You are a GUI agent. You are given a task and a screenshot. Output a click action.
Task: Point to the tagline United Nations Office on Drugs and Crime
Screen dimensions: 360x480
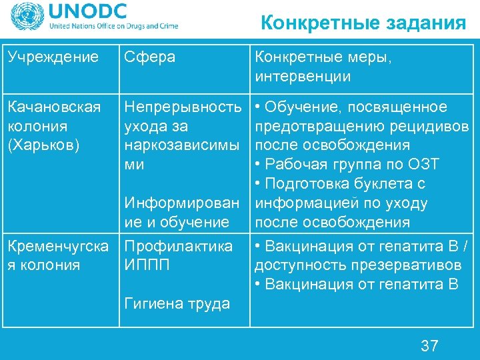[x=113, y=27]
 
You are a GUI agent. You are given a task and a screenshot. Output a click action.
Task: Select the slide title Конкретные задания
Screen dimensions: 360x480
[x=363, y=24]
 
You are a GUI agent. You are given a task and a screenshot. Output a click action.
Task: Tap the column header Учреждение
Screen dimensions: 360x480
[x=53, y=57]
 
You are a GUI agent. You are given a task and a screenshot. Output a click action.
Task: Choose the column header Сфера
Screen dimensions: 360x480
[x=150, y=57]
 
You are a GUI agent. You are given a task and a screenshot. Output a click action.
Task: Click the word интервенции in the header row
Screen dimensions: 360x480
[x=302, y=76]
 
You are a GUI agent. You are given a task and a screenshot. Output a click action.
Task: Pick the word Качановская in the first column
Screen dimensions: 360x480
[x=54, y=107]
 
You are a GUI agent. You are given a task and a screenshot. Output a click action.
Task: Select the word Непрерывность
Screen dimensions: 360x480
[x=183, y=107]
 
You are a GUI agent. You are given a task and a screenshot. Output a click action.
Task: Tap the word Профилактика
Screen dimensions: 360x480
[x=179, y=246]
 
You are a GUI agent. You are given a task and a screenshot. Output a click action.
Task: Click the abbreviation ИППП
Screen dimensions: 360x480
[x=147, y=265]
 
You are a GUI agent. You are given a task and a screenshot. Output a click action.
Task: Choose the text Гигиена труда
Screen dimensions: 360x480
[x=177, y=303]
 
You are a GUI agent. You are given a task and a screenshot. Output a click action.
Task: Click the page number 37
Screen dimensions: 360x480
[x=429, y=345]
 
